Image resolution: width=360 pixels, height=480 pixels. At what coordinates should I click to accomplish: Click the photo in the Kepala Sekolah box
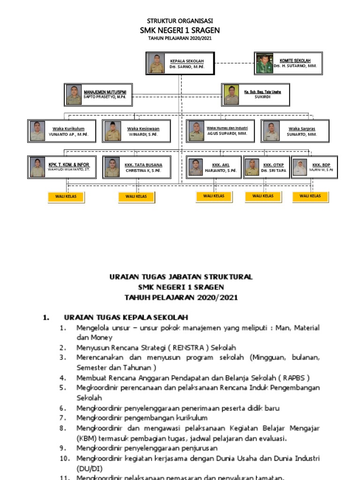coord(157,64)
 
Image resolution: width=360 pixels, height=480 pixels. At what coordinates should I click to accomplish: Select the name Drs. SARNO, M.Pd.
coord(187,67)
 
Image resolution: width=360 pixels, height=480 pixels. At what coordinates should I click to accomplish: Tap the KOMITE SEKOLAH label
coord(295,60)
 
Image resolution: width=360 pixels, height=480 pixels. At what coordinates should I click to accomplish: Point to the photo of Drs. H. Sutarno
coord(263,64)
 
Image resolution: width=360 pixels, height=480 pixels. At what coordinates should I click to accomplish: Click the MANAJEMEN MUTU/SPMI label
coord(108,92)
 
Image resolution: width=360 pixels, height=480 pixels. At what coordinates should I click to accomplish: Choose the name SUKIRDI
coord(262,97)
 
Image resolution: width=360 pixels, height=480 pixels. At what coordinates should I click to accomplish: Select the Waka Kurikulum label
coord(68,128)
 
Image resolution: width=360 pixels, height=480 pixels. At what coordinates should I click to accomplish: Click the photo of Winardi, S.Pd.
coord(112,131)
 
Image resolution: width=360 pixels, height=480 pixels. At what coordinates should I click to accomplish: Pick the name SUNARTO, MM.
coord(302,135)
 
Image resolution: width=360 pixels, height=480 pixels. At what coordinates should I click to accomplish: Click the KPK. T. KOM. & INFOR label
coord(69,165)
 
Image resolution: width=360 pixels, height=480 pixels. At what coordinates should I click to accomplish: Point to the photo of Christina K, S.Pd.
coord(111,167)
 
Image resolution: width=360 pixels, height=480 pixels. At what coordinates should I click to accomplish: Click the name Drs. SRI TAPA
coord(273,171)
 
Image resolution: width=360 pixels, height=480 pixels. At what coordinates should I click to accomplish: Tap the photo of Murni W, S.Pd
coord(299,167)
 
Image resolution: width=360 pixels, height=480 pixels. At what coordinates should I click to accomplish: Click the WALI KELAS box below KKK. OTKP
coord(262,196)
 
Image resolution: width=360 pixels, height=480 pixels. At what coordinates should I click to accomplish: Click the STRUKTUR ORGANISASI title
coord(180,21)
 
